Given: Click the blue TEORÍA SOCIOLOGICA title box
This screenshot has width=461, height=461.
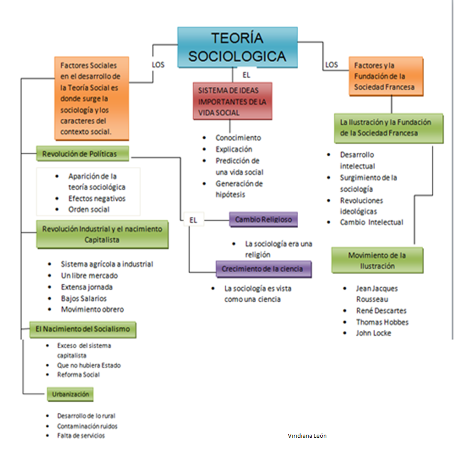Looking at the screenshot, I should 237,47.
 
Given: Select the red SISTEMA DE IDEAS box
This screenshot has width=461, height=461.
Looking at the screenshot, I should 232,101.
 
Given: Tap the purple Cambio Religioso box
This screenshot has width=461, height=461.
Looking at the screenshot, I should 263,219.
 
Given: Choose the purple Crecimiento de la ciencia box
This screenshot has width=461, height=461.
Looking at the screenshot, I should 263,269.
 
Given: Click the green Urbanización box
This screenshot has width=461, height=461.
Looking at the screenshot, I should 70,394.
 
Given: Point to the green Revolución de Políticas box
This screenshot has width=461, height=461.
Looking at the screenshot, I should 82,154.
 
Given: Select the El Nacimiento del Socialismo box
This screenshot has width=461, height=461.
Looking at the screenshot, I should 82,329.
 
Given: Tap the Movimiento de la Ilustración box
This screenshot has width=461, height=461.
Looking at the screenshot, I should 377,261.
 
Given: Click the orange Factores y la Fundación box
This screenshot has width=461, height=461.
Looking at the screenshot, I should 386,76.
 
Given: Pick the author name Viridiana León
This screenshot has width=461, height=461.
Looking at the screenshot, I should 307,436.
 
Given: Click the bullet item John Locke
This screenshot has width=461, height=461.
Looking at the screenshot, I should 373,333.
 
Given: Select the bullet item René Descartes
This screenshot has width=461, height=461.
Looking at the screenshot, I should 381,311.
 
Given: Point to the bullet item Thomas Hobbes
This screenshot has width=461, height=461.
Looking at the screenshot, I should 382,322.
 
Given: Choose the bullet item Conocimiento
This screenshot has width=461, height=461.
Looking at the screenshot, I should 238,138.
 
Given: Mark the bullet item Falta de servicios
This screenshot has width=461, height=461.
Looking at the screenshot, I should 81,436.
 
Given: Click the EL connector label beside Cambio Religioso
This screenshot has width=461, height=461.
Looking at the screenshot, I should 193,220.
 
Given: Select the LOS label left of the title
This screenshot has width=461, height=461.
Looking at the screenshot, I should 158,64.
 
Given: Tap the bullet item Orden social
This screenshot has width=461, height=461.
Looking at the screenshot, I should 89,209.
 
